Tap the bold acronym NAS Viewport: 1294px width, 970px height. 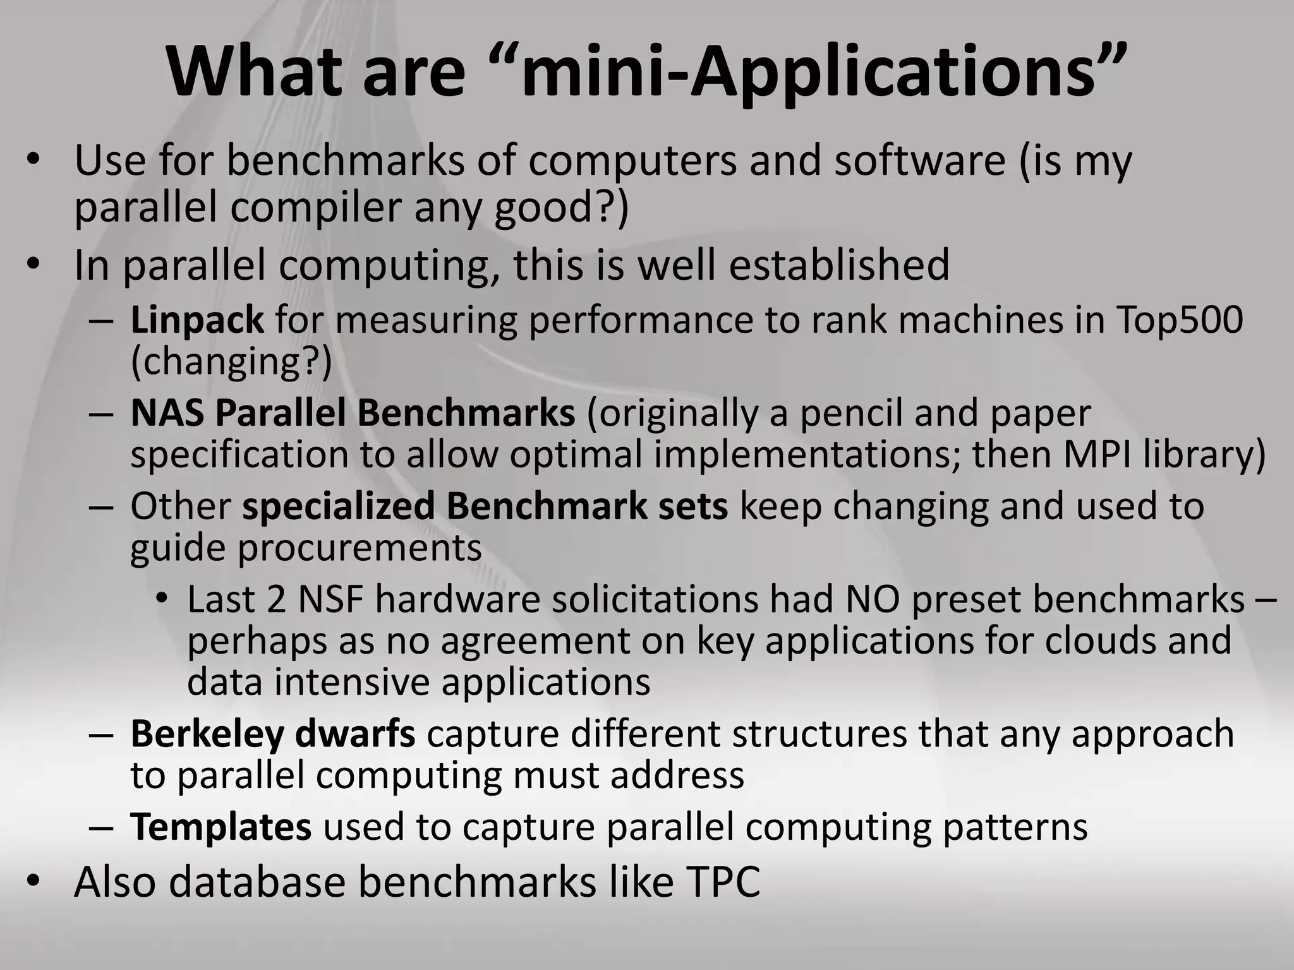pyautogui.click(x=167, y=414)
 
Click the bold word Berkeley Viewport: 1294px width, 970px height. pyautogui.click(x=207, y=734)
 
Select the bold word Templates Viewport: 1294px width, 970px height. pyautogui.click(x=221, y=827)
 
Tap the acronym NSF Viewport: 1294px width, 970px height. pyautogui.click(x=330, y=599)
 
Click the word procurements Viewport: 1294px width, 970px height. pyautogui.click(x=360, y=548)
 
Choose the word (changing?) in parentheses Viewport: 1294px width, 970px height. pyautogui.click(x=231, y=362)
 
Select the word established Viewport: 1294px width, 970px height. pyautogui.click(x=839, y=265)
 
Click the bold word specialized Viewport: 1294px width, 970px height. pyautogui.click(x=339, y=506)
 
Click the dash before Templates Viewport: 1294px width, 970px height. pyautogui.click(x=102, y=828)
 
